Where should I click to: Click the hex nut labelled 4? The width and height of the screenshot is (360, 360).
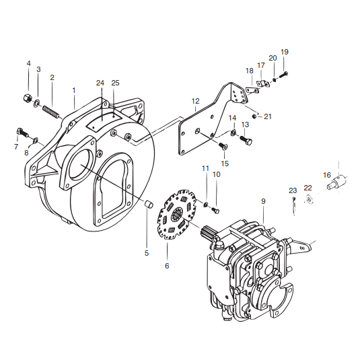(28, 99)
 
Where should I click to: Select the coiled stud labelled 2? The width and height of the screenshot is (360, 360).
(51, 112)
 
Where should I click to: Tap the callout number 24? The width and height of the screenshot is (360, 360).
(100, 83)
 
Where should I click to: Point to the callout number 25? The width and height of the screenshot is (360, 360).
(116, 83)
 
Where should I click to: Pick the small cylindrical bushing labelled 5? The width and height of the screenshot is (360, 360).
(149, 204)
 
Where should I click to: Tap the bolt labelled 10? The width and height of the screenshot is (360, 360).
(215, 210)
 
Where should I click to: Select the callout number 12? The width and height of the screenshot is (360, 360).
(196, 101)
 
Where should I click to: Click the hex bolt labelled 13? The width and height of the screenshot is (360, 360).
(246, 139)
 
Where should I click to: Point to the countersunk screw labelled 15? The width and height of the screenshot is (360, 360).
(223, 146)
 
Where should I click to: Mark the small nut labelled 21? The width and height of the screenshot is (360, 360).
(254, 117)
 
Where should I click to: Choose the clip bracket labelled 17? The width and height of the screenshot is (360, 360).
(262, 83)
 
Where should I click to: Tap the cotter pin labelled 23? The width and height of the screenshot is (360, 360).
(294, 206)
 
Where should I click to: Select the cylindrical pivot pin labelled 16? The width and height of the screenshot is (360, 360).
(337, 181)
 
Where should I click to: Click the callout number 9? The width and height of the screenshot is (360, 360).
(263, 201)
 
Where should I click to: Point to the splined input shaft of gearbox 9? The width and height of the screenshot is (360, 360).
(208, 233)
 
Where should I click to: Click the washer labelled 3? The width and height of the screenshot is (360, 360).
(37, 103)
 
